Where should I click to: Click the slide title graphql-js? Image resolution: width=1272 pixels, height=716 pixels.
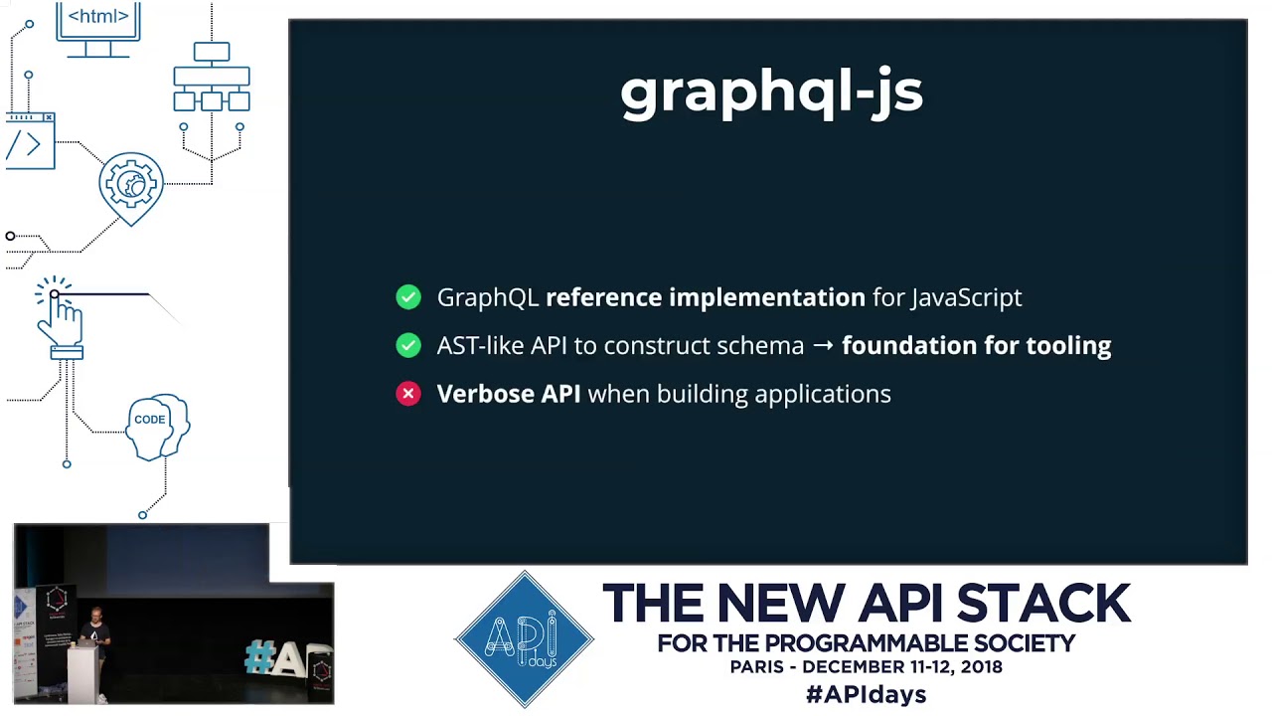771,92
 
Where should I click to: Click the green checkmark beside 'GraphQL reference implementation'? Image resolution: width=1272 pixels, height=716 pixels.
408,297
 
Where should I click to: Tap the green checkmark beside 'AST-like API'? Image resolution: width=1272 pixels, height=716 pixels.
408,345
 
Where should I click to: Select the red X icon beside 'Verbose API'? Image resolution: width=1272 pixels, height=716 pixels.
408,394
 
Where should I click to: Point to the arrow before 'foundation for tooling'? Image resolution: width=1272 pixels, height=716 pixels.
823,345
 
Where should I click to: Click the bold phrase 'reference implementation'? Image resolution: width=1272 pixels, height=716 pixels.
705,297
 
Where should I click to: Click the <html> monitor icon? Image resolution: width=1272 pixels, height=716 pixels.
97,27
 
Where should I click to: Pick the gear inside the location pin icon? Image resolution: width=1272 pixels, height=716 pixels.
131,183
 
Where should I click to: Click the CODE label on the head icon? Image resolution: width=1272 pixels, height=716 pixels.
150,420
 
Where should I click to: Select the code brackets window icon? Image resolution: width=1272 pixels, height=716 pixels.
29,141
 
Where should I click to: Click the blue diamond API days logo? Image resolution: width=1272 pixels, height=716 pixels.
525,639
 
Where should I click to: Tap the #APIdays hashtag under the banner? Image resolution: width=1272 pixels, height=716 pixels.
866,694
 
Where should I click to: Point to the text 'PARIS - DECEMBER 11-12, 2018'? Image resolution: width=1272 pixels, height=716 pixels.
866,667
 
